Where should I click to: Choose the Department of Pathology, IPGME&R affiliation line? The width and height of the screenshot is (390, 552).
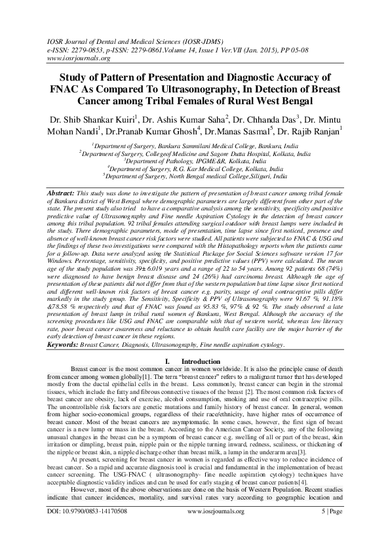coord(195,160)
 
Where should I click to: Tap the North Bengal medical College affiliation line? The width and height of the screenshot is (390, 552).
coord(195,176)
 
